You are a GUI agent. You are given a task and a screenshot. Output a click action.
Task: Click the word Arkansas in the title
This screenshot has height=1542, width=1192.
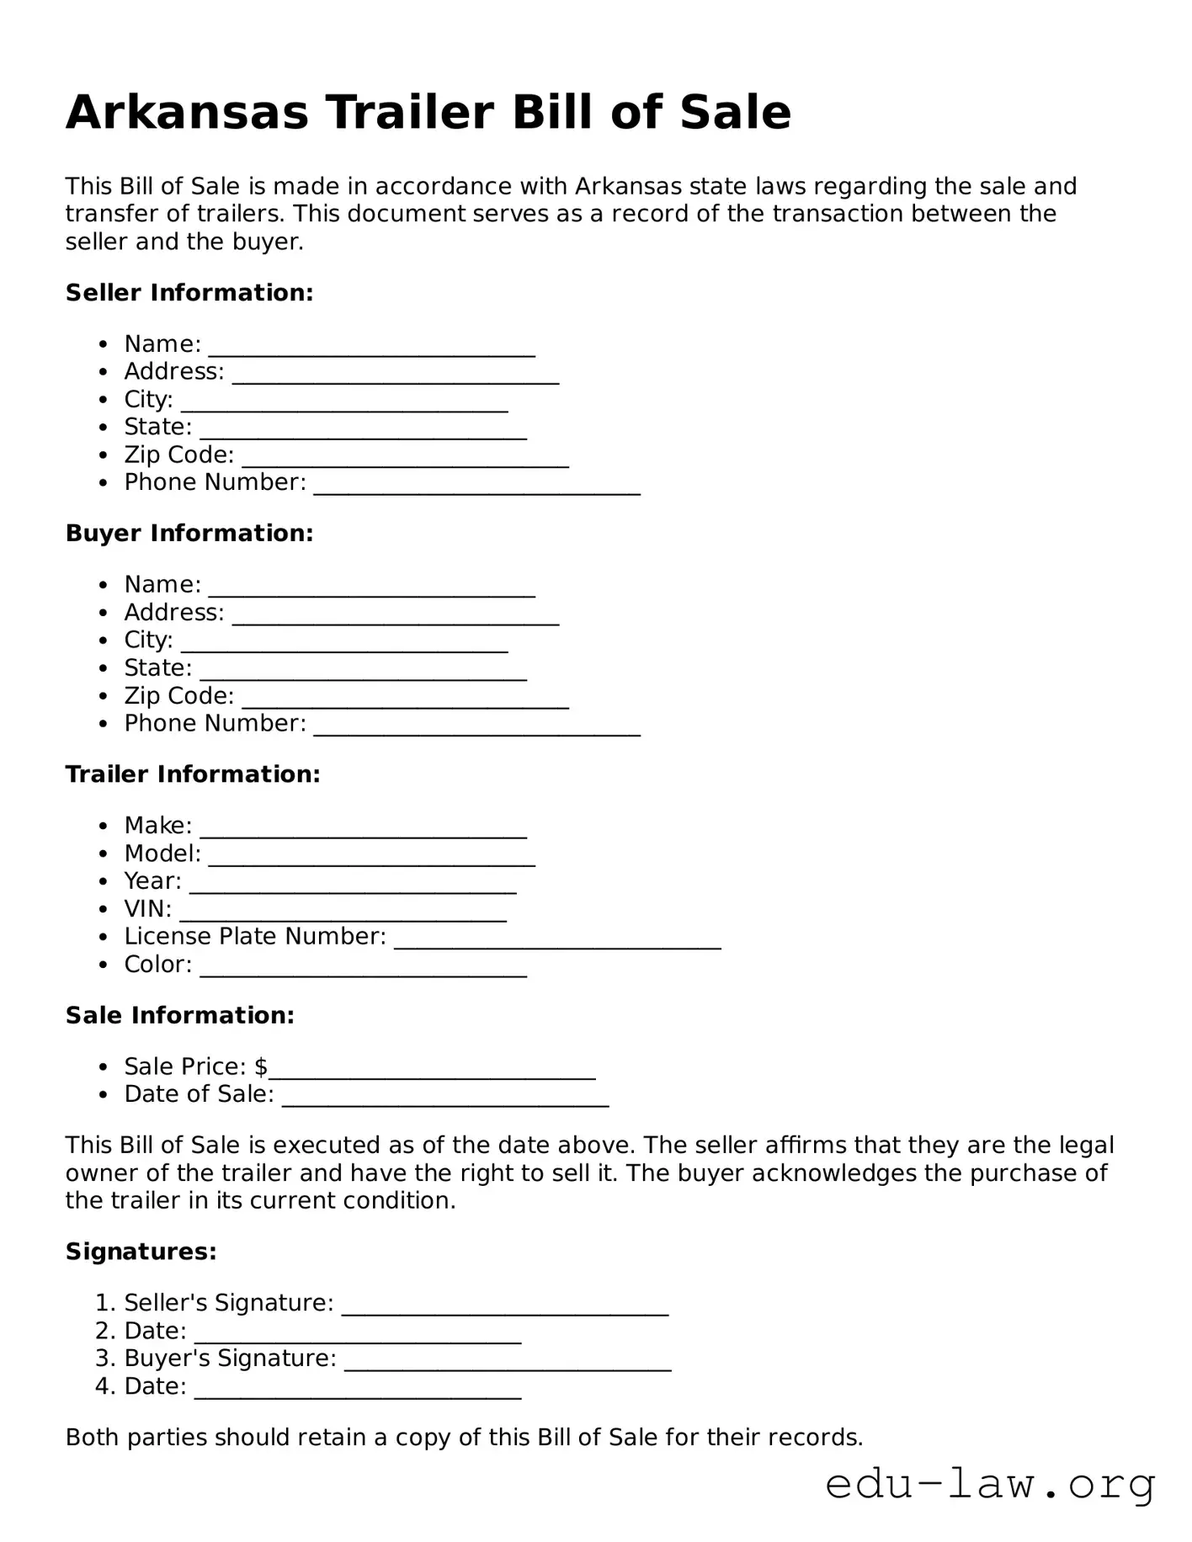tap(187, 113)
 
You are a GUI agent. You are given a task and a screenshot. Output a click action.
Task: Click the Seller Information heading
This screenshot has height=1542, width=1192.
tap(189, 293)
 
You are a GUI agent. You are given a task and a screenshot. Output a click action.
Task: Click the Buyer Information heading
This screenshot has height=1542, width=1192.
tap(189, 534)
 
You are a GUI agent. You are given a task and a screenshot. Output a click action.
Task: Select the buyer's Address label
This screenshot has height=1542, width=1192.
tap(174, 613)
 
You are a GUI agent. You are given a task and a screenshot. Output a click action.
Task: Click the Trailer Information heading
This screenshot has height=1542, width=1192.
tap(193, 774)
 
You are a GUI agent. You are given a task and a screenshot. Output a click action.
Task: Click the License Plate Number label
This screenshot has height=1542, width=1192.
tap(255, 937)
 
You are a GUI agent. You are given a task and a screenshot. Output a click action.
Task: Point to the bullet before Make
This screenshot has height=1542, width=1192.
tap(103, 827)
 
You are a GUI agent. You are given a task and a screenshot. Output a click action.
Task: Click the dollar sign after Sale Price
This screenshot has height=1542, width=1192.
tap(261, 1067)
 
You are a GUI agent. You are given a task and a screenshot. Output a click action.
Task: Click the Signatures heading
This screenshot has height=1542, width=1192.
tap(141, 1252)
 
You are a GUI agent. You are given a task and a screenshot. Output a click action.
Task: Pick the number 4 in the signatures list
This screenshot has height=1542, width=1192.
tap(103, 1386)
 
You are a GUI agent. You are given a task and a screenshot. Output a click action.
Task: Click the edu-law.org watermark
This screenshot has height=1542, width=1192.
tap(990, 1485)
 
